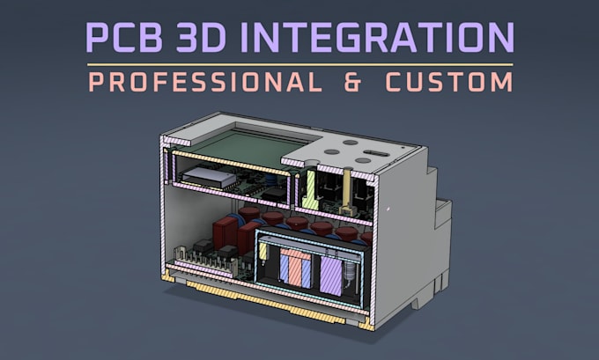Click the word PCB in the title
click(124, 38)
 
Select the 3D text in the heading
click(201, 38)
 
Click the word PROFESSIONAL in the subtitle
click(205, 82)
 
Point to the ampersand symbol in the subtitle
click(352, 82)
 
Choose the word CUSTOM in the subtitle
click(449, 82)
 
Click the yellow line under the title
click(299, 65)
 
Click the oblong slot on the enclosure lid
click(376, 153)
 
